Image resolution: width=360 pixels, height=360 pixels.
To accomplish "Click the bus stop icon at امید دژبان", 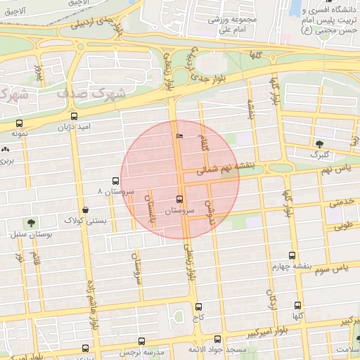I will tap(75, 117).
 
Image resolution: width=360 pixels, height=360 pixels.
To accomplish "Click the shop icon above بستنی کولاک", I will tap(85, 209).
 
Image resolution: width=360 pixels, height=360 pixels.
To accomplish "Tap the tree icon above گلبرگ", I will tap(319, 143).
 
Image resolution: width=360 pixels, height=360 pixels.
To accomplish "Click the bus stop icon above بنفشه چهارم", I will tap(292, 256).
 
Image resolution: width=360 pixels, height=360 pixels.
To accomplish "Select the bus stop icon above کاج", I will tap(198, 307).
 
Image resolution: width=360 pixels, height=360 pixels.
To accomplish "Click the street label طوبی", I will tap(340, 226).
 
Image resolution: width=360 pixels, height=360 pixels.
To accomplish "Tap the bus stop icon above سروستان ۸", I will tap(116, 181).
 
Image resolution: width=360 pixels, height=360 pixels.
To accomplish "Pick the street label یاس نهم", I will tap(334, 170).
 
